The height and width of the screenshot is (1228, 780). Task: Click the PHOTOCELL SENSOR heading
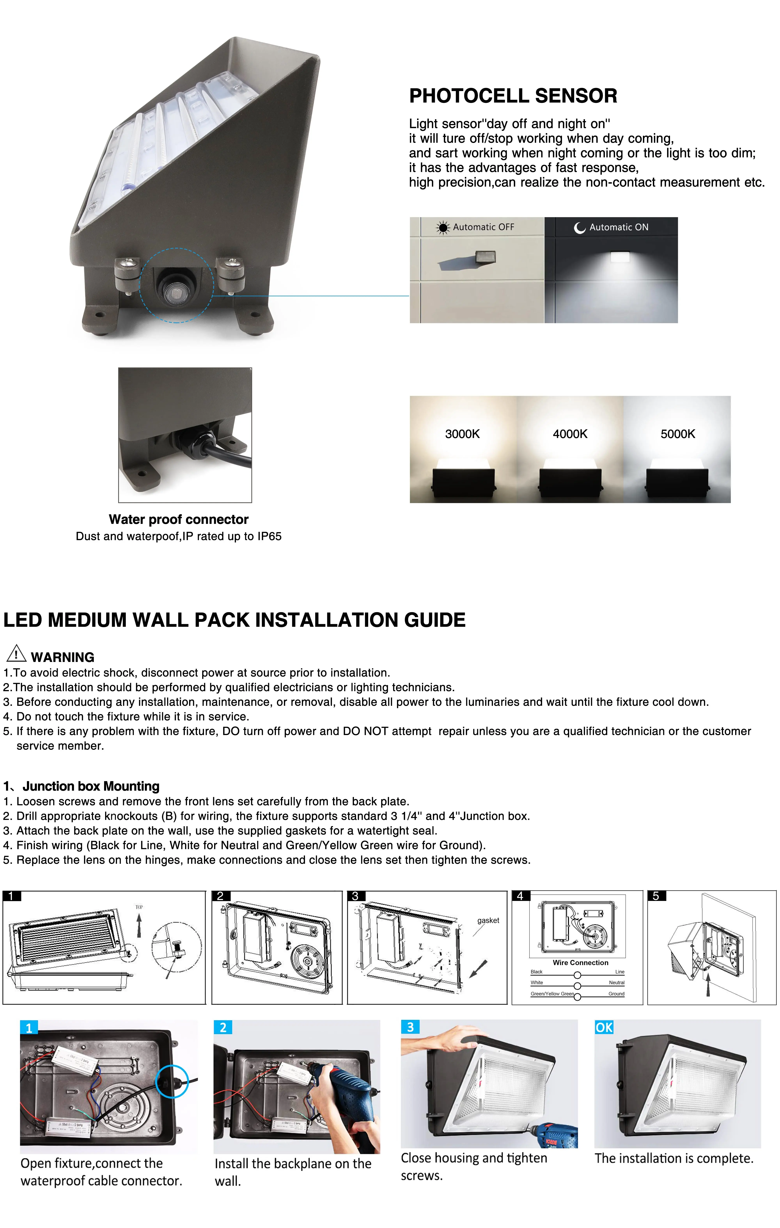pyautogui.click(x=513, y=96)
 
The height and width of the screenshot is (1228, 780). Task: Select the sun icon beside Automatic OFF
pyautogui.click(x=442, y=227)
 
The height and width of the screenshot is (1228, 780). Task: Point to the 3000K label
pyautogui.click(x=462, y=434)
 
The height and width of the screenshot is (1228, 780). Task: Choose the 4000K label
pyautogui.click(x=570, y=434)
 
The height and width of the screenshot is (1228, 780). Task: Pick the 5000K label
pyautogui.click(x=677, y=434)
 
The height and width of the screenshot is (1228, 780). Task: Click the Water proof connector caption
pyautogui.click(x=179, y=519)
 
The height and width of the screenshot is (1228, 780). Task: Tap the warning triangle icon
pyautogui.click(x=16, y=653)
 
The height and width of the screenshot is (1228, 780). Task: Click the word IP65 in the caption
pyautogui.click(x=269, y=536)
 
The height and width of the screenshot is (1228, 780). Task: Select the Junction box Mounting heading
pyautogui.click(x=91, y=786)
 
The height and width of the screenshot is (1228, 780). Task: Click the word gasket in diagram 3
pyautogui.click(x=488, y=920)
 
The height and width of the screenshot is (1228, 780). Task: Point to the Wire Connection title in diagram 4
pyautogui.click(x=580, y=963)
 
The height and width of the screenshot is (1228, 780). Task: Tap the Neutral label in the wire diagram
pyautogui.click(x=616, y=983)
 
